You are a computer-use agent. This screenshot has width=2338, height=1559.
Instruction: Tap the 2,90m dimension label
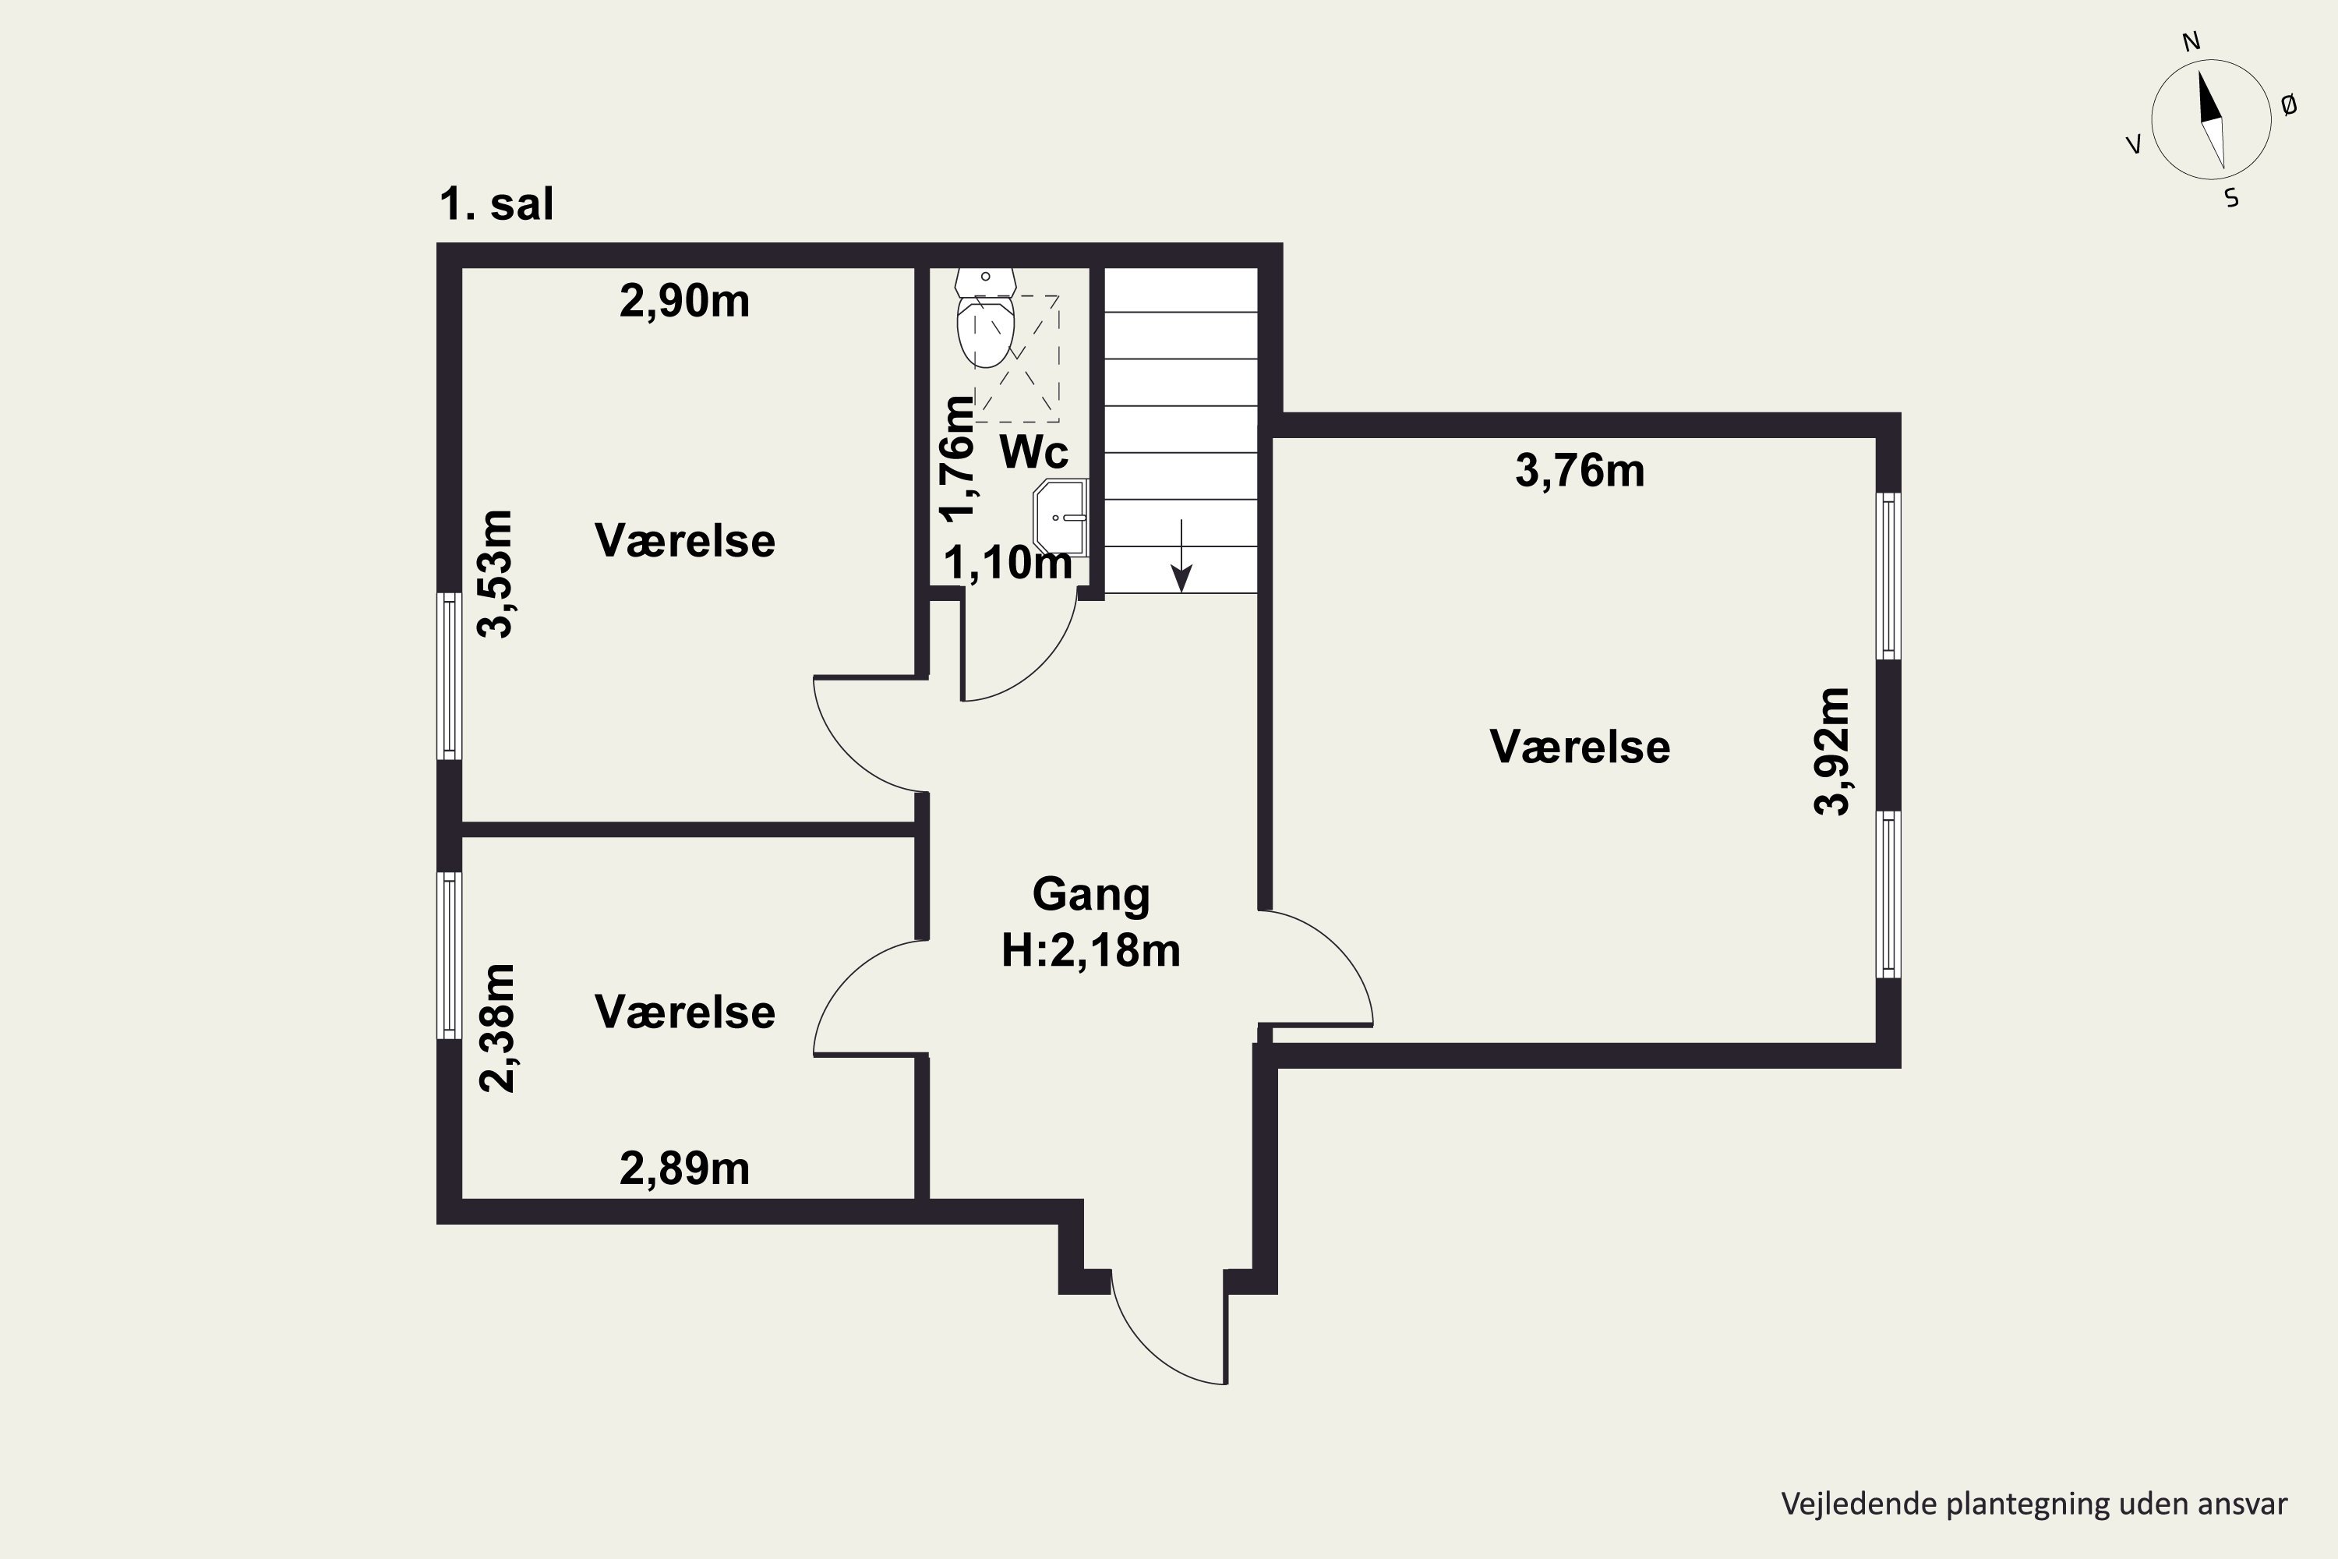coord(684,301)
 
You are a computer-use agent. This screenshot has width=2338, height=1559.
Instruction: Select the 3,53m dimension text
coord(496,574)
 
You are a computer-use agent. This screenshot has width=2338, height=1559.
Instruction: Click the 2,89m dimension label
coord(684,1169)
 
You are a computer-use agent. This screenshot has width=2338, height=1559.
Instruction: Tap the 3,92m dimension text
coord(1832,751)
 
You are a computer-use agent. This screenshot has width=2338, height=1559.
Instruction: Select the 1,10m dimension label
coord(1008,564)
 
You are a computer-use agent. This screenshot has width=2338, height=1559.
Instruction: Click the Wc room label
coord(1034,452)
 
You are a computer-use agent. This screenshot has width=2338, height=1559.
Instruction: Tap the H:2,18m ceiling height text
coord(1090,950)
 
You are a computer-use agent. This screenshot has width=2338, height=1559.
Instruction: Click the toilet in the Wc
coord(985,317)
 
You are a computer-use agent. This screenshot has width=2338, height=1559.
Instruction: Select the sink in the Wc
coord(1061,517)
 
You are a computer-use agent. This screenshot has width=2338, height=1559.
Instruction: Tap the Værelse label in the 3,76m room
coord(1580,748)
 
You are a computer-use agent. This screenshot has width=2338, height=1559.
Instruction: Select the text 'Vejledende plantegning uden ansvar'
coord(2034,1504)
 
